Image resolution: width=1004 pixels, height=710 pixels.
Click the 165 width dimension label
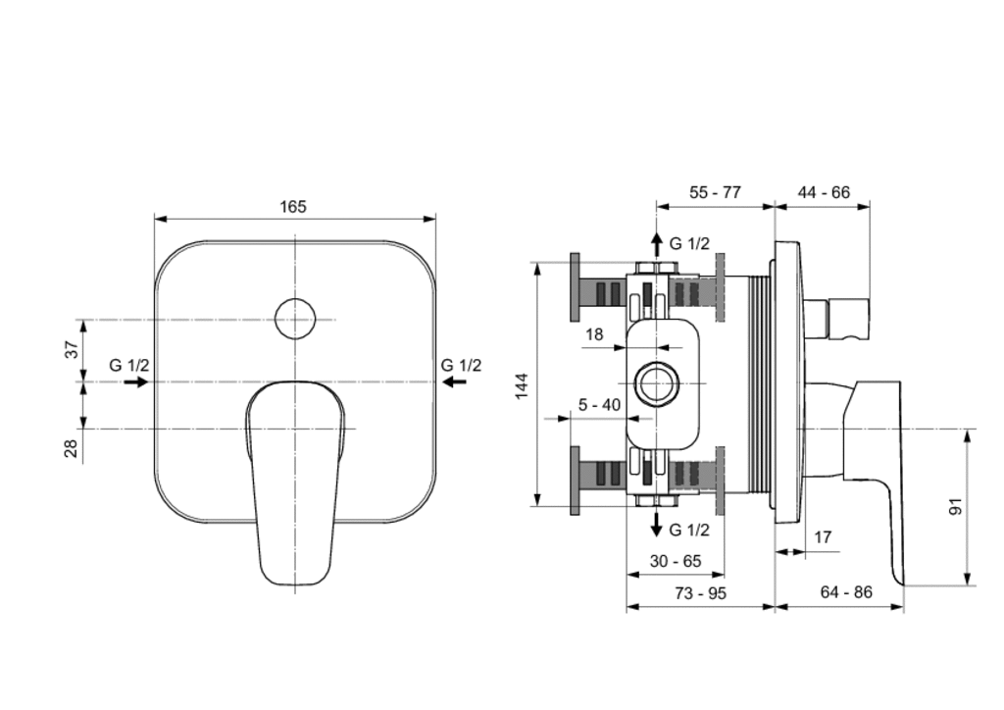(293, 207)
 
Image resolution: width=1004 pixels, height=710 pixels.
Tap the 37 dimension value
(72, 349)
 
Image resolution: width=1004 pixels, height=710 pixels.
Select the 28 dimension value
(72, 447)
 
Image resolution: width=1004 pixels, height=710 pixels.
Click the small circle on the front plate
(295, 319)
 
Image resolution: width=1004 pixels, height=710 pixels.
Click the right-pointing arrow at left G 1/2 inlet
(135, 382)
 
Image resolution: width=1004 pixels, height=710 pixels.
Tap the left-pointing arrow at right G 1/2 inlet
(455, 382)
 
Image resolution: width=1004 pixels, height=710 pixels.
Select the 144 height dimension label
(522, 386)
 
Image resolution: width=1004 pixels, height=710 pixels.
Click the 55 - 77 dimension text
(715, 192)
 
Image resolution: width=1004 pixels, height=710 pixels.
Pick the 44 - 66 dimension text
(824, 192)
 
